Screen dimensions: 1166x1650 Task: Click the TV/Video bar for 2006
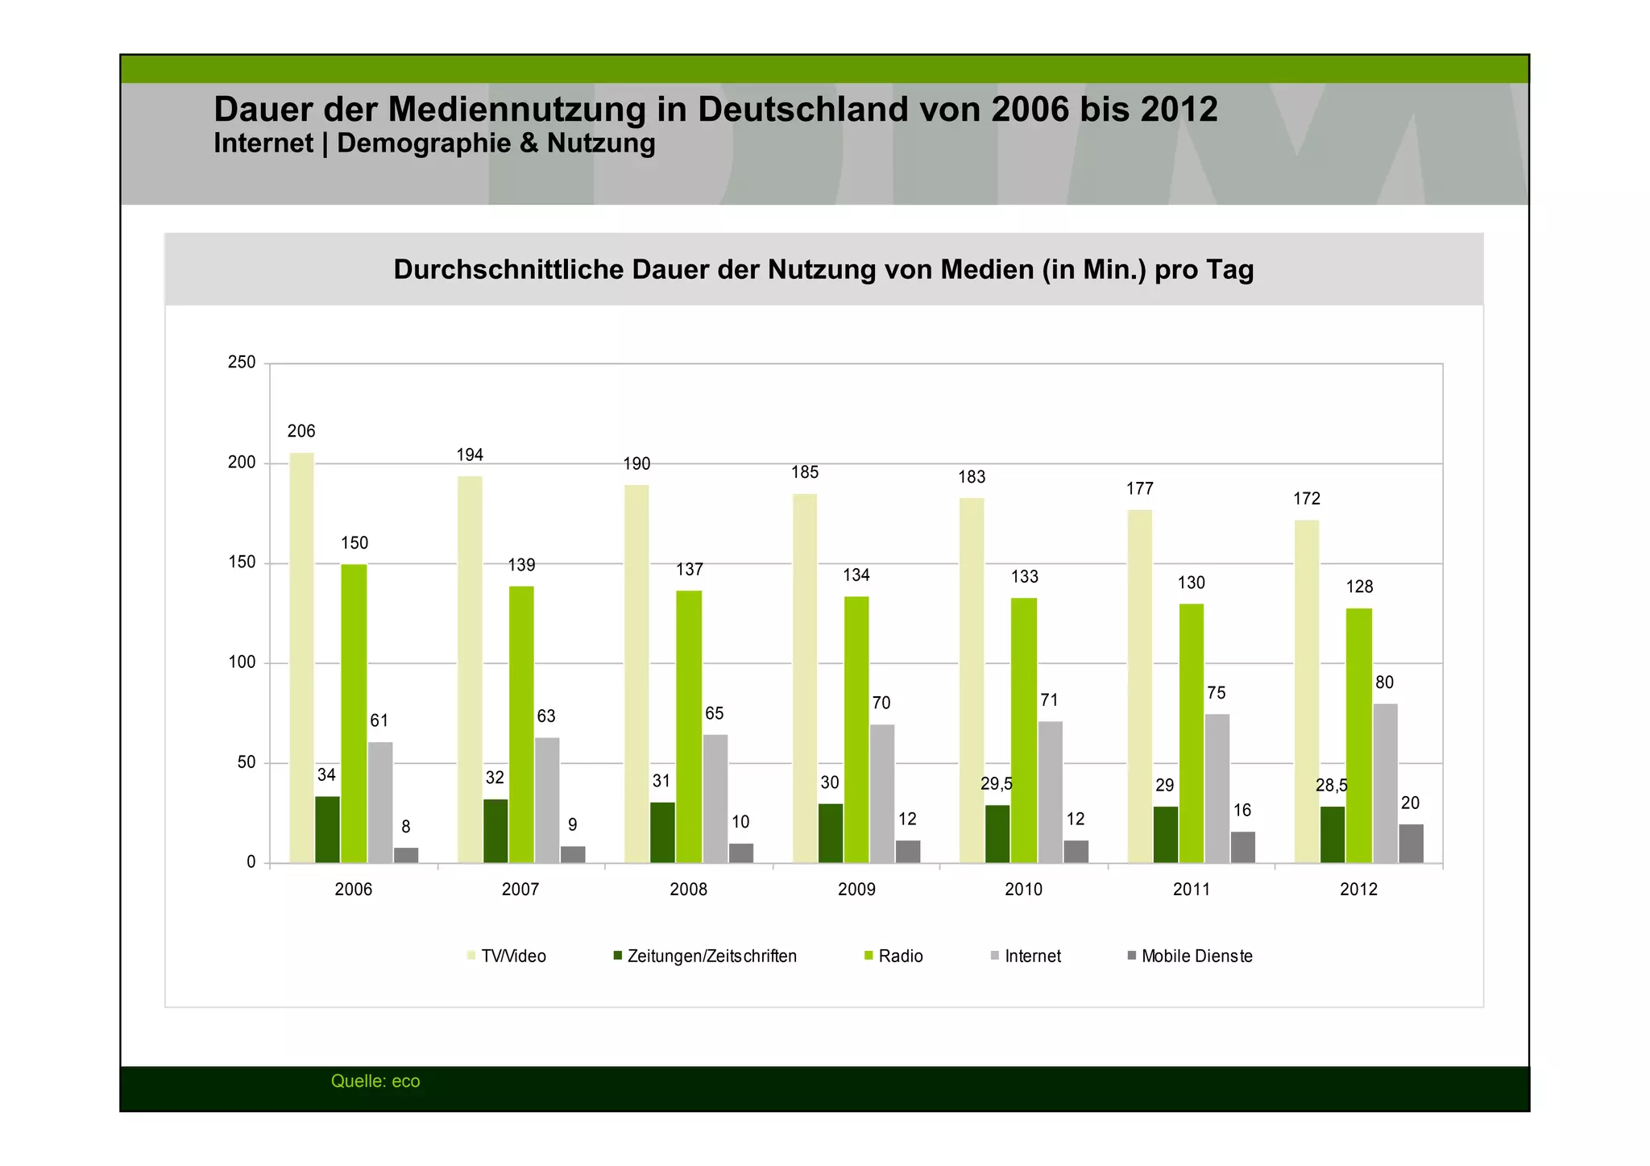point(301,657)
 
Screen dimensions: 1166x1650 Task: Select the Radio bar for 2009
point(856,729)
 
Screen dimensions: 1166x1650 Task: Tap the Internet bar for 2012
point(1385,783)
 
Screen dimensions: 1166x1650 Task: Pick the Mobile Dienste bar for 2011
point(1242,847)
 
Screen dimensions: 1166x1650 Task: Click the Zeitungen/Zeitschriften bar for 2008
point(662,832)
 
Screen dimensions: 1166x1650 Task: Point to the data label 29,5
point(996,784)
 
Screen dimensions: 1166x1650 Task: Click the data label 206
point(301,431)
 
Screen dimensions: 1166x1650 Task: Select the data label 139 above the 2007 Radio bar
point(521,565)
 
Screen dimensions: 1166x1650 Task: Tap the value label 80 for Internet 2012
point(1384,683)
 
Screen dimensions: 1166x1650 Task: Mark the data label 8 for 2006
point(406,827)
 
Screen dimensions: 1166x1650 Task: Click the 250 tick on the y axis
point(242,363)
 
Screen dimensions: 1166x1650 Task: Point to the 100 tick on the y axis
point(242,662)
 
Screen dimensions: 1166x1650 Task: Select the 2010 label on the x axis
point(1023,890)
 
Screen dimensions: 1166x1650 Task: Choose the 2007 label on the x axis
point(520,890)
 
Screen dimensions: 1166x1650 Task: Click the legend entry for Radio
point(899,956)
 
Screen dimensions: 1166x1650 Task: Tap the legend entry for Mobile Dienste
point(1196,956)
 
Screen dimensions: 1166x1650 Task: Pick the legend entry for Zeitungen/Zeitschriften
point(711,956)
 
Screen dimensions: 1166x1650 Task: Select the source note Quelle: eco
point(375,1081)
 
